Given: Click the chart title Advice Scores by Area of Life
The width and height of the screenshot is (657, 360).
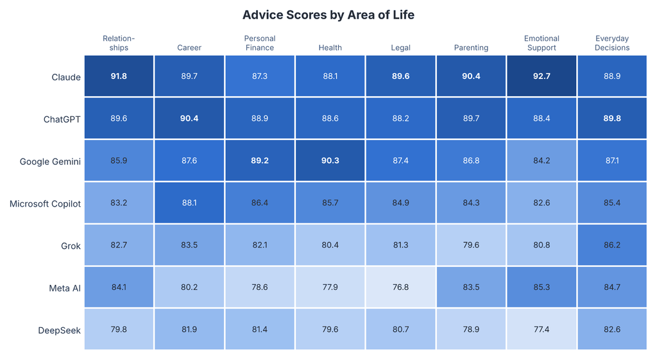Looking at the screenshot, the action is coord(328,15).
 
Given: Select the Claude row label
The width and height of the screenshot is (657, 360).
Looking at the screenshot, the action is coord(66,77).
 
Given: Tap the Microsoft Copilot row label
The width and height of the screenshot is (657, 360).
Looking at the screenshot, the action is coord(46,203).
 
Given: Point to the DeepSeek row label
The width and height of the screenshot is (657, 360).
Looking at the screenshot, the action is coord(59,330).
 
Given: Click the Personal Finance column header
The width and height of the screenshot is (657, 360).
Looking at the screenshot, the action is coord(260,43).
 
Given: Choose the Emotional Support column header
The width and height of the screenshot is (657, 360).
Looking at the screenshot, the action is coord(542,43).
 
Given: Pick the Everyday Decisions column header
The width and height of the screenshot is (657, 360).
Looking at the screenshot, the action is coord(612,43).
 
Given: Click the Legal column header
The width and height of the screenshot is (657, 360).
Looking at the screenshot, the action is coord(400,47).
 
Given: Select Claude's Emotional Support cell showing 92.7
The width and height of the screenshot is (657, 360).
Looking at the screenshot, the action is coord(542,76).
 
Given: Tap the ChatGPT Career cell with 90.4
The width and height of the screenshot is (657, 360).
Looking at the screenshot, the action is coord(189,118).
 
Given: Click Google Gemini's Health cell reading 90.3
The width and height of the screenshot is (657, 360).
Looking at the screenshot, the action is coord(330,160).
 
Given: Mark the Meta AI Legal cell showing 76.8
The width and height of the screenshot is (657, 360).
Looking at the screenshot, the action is coord(400,287).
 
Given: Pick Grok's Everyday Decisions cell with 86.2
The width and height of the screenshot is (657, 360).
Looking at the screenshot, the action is coord(612,244).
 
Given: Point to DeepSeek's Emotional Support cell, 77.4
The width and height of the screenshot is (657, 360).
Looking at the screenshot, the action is coord(542,329).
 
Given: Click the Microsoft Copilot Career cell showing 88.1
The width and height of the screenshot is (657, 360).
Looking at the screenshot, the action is coord(189,203).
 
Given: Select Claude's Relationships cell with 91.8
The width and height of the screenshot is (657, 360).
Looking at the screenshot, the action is coord(119,76).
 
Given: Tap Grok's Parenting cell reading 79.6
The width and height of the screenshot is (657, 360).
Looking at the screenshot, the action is coord(471,244).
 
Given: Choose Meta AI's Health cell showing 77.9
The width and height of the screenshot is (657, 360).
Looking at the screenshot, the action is coord(330,287).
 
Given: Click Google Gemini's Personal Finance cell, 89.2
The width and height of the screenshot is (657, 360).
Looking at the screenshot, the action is coord(260,160).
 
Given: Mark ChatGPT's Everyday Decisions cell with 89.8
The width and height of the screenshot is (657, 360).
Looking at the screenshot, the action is coord(612,118).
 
